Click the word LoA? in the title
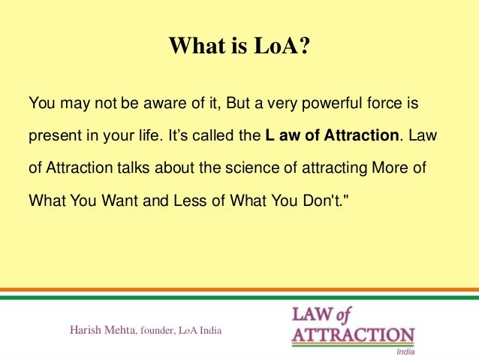[280, 47]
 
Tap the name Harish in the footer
[85, 330]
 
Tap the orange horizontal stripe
[239, 289]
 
